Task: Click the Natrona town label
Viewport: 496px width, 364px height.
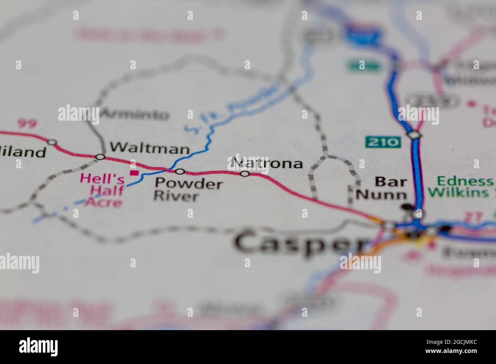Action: [267, 163]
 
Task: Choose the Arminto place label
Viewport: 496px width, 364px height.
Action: [135, 114]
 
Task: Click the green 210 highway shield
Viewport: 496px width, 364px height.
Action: [383, 142]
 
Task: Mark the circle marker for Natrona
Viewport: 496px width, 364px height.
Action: [245, 174]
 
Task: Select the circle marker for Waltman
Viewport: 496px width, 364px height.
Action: [100, 157]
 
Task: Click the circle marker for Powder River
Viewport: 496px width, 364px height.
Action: [180, 172]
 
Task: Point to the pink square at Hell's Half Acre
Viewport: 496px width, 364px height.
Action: [134, 173]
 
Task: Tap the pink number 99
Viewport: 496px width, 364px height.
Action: [27, 123]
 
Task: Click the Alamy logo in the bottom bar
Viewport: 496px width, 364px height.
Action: [39, 347]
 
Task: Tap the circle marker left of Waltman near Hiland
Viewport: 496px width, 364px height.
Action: [52, 142]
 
